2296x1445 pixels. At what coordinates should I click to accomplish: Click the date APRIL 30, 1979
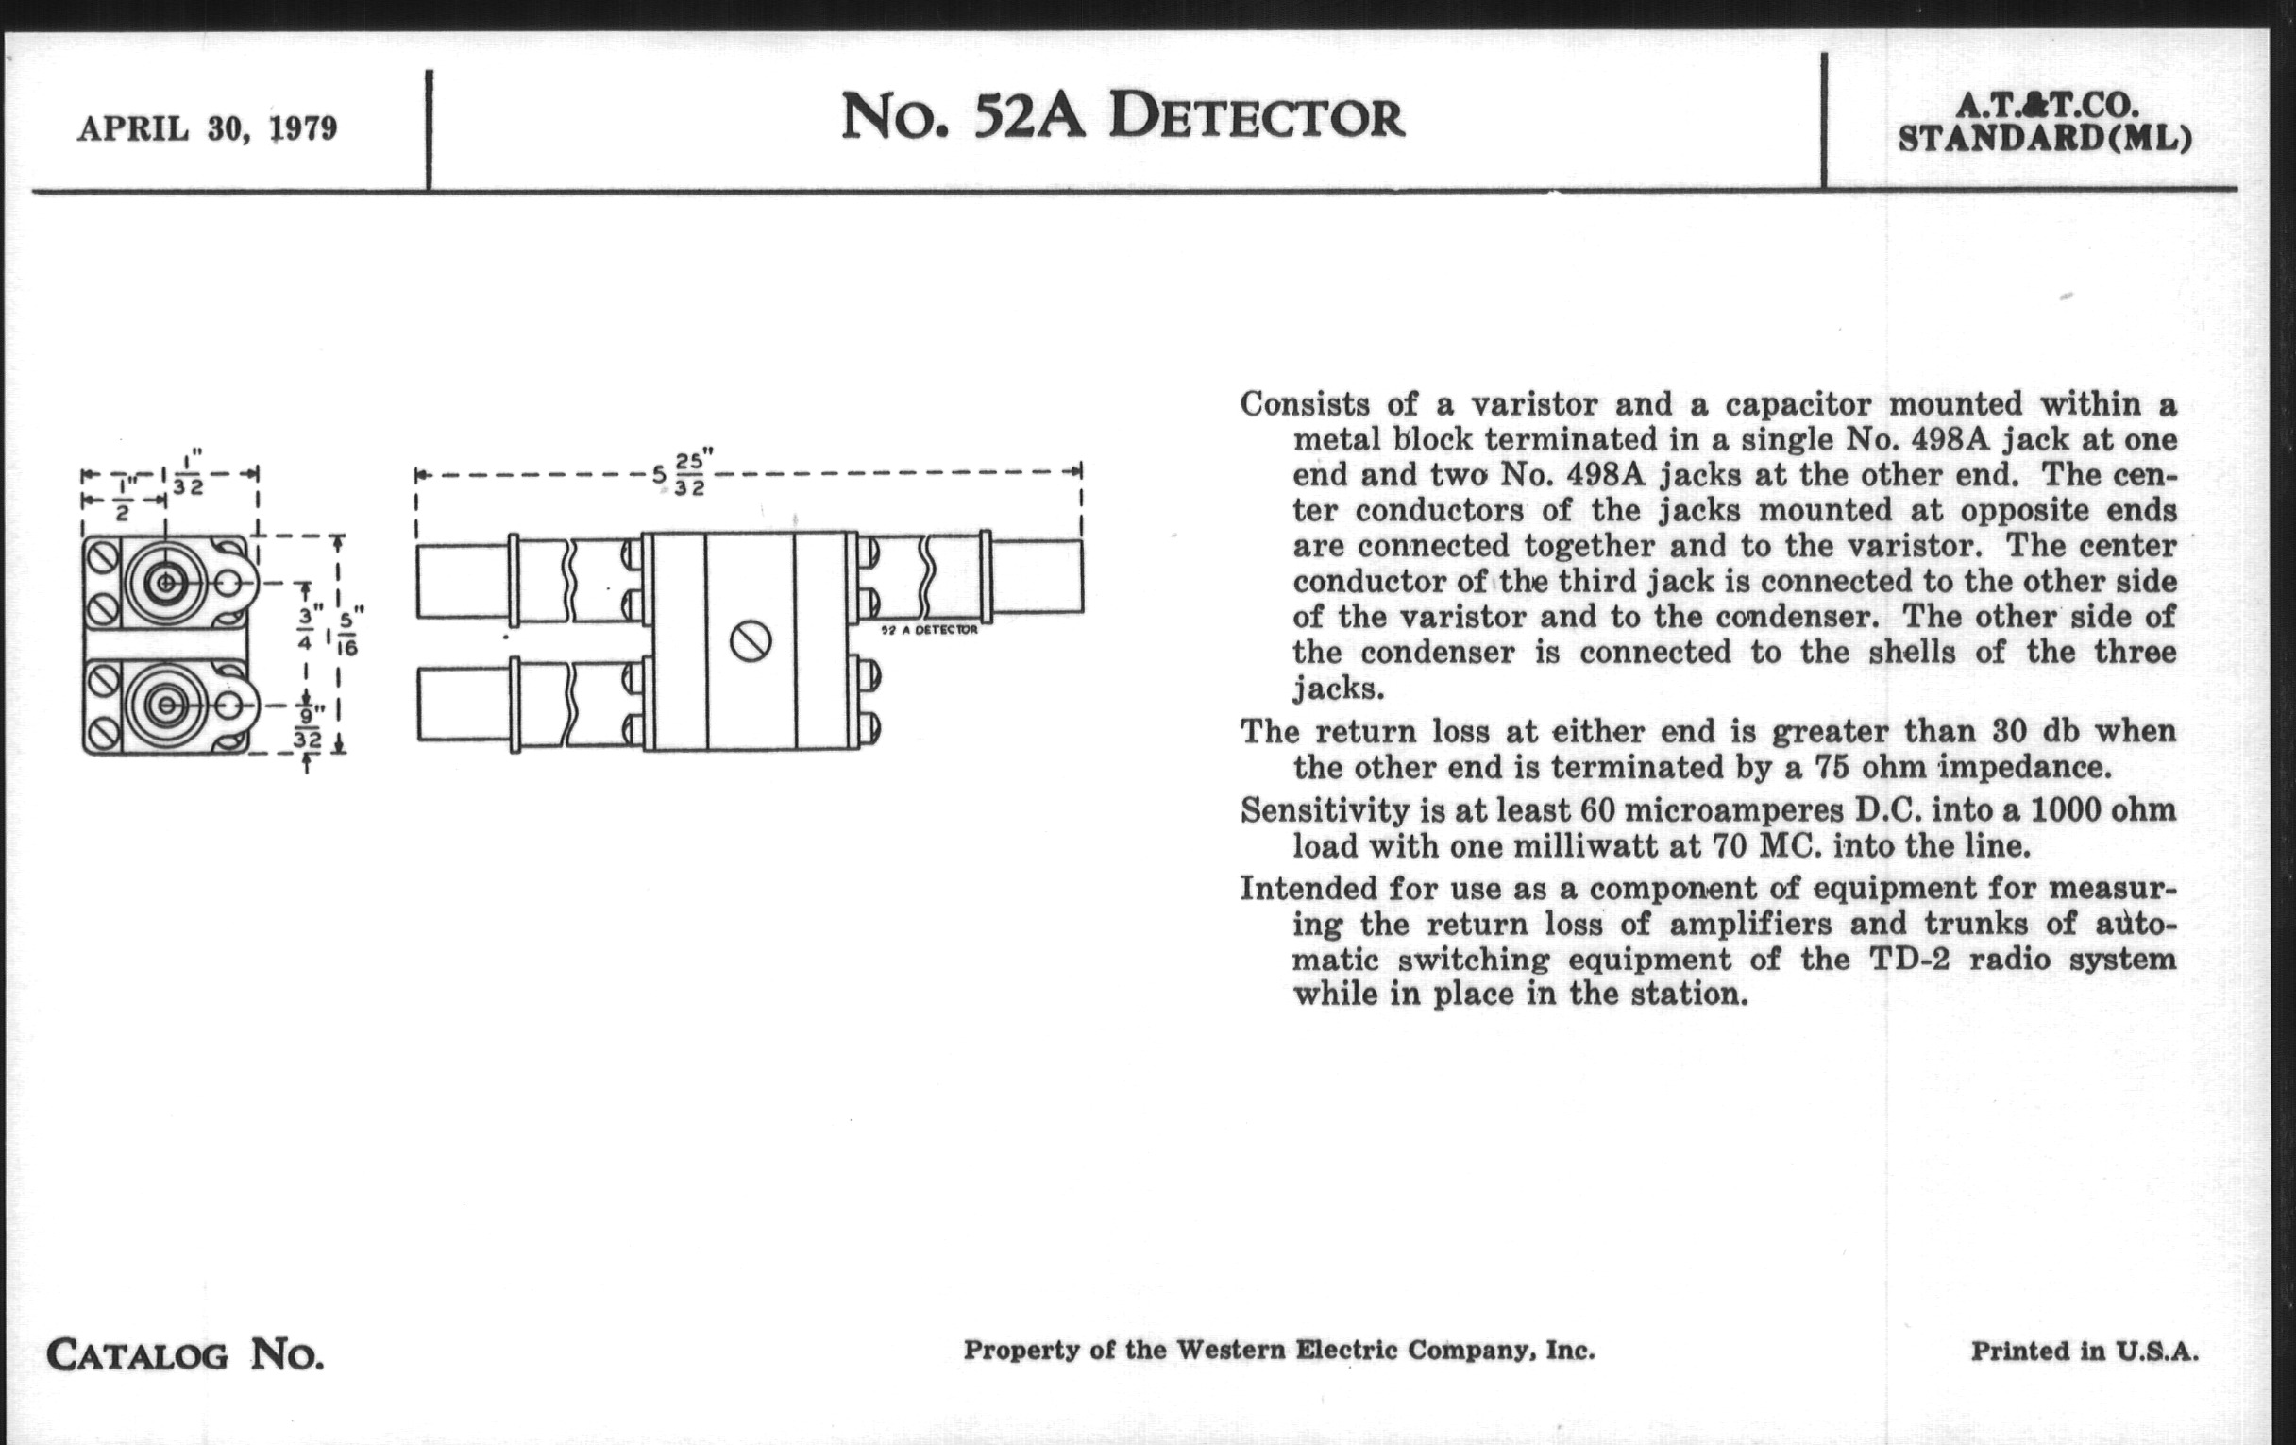tap(207, 128)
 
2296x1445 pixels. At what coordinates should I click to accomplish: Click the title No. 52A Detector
tap(1123, 116)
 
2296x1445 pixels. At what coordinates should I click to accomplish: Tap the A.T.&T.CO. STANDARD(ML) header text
tap(2045, 123)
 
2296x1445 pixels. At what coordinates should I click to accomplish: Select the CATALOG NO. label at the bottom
tap(185, 1354)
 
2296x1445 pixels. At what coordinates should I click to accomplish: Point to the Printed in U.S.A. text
tap(2085, 1351)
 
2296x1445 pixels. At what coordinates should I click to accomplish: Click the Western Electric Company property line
tap(1278, 1350)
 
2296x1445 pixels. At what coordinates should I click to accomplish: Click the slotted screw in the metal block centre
tap(751, 640)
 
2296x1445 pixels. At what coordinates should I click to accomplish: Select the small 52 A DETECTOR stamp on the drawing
tap(929, 631)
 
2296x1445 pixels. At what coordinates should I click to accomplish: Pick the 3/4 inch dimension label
tap(305, 629)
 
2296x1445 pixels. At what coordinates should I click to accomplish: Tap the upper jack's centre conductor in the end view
tap(166, 582)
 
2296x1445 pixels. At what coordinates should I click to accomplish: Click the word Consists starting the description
tap(1305, 404)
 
